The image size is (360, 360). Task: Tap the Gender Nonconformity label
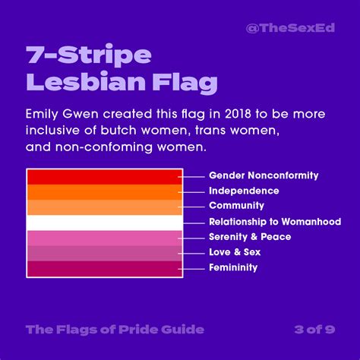[x=264, y=175]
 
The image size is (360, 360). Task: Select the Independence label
[x=244, y=191]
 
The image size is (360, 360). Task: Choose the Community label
[x=236, y=206]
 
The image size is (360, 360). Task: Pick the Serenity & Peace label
[x=249, y=237]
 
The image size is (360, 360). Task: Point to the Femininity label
[x=233, y=267]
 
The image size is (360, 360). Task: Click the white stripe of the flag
[x=104, y=223]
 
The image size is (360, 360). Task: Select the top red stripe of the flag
[x=104, y=176]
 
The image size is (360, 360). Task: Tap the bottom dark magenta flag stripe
[x=104, y=268]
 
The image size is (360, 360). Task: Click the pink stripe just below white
[x=104, y=238]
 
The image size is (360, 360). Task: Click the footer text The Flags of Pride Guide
[x=114, y=329]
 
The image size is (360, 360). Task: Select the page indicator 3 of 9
[x=312, y=329]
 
